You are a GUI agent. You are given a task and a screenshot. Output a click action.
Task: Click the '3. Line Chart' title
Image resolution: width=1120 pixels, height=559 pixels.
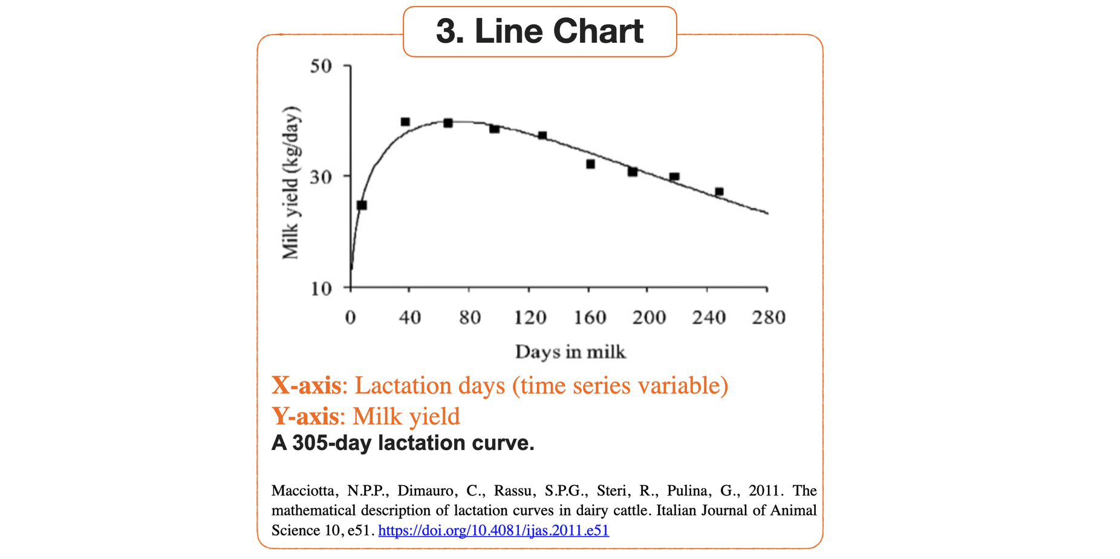click(x=539, y=31)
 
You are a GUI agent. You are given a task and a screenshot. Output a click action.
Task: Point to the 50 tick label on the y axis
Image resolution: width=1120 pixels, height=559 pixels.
click(x=321, y=65)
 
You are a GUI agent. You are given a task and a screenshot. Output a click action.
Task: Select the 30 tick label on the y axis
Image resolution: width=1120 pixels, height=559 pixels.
click(x=321, y=177)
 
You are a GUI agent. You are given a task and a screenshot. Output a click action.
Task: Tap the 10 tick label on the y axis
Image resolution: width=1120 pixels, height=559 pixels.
click(x=321, y=289)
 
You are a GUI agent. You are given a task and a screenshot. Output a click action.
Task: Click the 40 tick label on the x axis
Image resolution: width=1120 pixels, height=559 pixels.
click(x=409, y=318)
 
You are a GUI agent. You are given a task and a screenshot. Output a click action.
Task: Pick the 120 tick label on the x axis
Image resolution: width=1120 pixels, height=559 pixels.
click(x=530, y=318)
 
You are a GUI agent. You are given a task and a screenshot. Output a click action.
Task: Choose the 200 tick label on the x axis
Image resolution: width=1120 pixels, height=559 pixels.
click(x=649, y=318)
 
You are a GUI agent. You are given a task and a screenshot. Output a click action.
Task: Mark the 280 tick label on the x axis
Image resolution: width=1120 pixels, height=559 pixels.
click(x=768, y=318)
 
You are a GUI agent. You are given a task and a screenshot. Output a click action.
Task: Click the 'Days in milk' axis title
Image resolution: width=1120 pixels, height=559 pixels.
click(x=570, y=351)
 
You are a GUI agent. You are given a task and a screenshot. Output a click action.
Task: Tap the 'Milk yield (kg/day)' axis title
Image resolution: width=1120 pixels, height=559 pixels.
click(x=291, y=183)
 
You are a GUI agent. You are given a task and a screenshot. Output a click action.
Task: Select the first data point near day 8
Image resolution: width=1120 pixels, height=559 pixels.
click(x=362, y=205)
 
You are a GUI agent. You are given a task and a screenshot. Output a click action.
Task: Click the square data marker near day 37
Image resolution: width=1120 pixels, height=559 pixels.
click(x=405, y=122)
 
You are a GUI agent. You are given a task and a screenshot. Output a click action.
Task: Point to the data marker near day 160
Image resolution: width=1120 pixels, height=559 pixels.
click(x=590, y=164)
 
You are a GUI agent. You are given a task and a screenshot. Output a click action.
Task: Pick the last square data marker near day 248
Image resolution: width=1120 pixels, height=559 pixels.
click(x=719, y=192)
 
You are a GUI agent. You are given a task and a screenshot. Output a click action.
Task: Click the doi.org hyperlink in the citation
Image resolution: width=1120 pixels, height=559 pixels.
click(x=493, y=531)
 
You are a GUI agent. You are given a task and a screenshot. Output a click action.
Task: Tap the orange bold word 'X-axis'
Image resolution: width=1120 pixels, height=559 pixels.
click(x=306, y=385)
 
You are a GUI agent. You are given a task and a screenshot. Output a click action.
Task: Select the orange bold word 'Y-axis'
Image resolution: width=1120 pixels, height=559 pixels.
click(x=305, y=416)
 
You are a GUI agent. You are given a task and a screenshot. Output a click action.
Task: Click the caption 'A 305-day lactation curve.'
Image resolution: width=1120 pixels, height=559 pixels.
click(x=403, y=443)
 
